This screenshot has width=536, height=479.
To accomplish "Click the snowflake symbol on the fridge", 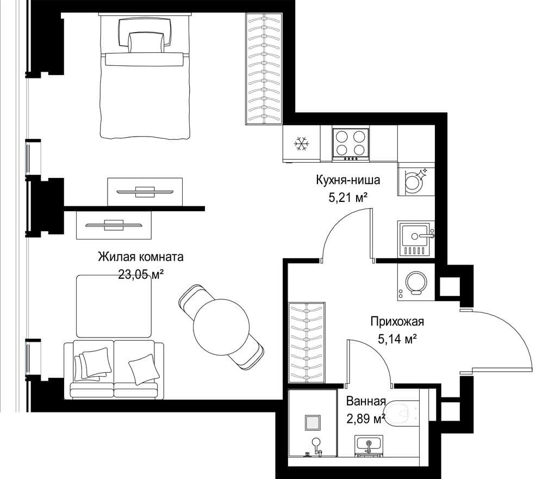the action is pyautogui.click(x=302, y=144).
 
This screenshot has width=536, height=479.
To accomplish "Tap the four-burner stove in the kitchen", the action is pyautogui.click(x=351, y=144).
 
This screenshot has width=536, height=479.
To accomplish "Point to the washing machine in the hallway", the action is pyautogui.click(x=416, y=283).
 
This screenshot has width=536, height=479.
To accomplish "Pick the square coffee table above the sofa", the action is pyautogui.click(x=114, y=306).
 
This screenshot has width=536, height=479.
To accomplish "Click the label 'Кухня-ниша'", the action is pyautogui.click(x=348, y=180).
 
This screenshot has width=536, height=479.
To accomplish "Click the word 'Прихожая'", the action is pyautogui.click(x=397, y=322).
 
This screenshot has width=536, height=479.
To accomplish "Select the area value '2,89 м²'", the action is pyautogui.click(x=366, y=419).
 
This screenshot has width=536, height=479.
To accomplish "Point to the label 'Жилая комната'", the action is pyautogui.click(x=141, y=257).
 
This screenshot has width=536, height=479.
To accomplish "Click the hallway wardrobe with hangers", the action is pyautogui.click(x=307, y=343).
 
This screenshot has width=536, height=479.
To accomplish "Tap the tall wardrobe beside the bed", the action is pyautogui.click(x=264, y=69).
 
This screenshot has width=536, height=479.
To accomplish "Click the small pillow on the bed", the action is pyautogui.click(x=146, y=42).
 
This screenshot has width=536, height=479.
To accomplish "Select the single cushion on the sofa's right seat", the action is pyautogui.click(x=144, y=370).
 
